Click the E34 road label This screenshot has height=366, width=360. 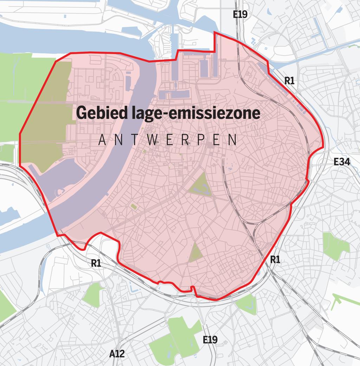pyautogui.click(x=342, y=162)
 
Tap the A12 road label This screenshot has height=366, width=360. pyautogui.click(x=117, y=353)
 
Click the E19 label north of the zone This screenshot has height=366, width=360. pyautogui.click(x=240, y=14)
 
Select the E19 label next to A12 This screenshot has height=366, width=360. pyautogui.click(x=210, y=340)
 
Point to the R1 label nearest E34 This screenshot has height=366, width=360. pyautogui.click(x=289, y=81)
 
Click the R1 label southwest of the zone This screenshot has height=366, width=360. pyautogui.click(x=96, y=263)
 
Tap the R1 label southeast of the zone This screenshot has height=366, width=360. pyautogui.click(x=275, y=260)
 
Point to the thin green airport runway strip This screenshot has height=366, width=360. pyautogui.click(x=343, y=300)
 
